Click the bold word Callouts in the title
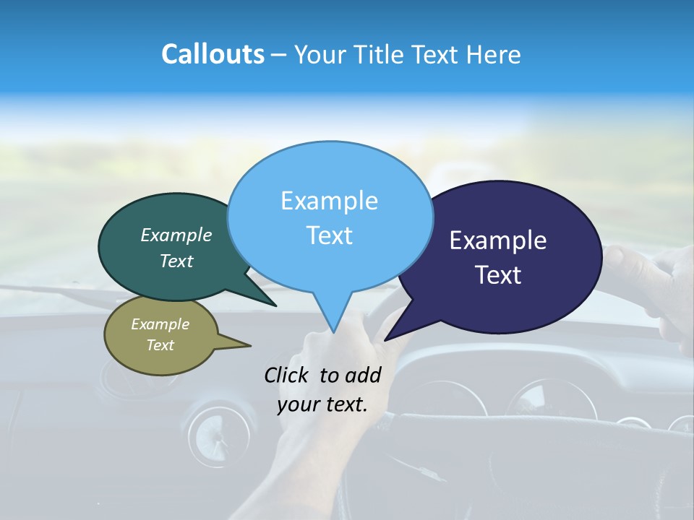coord(213,54)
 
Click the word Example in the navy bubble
coord(498,240)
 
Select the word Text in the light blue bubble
coord(330,235)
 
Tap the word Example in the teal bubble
coord(176,235)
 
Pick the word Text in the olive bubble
coord(160,345)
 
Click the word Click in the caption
coord(288,375)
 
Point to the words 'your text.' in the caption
coord(322,404)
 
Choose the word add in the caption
coord(363,375)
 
